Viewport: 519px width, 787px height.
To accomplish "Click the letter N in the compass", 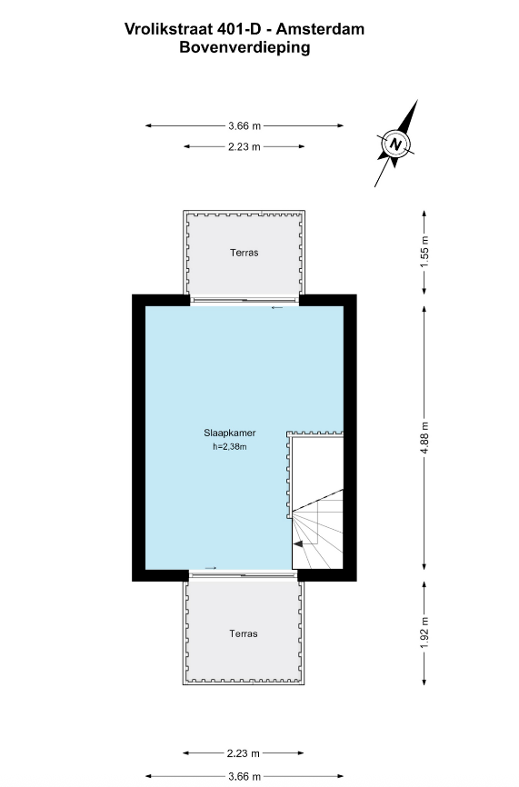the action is click(395, 144).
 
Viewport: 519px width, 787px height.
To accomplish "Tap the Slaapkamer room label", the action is click(230, 433).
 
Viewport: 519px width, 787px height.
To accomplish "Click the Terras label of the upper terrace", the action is click(245, 253).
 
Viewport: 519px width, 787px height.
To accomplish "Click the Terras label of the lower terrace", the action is click(244, 633).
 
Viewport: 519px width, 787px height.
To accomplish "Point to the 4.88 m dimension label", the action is click(424, 439).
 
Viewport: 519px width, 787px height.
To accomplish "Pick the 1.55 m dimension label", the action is click(424, 252).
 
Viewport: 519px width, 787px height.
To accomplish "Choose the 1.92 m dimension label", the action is click(424, 632).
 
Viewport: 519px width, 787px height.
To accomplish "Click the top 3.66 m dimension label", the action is click(245, 126).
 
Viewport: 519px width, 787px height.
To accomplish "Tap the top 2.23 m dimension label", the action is click(245, 146).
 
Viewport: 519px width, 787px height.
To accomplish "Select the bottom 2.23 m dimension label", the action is click(244, 752).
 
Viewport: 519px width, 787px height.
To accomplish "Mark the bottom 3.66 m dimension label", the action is click(245, 776).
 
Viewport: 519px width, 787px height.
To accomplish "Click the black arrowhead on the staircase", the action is click(297, 543).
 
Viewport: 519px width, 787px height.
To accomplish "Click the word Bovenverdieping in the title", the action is click(245, 47).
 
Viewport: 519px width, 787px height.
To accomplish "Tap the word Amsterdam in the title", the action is click(320, 29).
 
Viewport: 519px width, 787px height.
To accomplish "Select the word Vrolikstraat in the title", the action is click(169, 29).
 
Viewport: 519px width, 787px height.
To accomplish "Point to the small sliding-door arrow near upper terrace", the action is click(277, 308).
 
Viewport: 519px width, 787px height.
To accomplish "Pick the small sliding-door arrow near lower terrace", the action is click(211, 568).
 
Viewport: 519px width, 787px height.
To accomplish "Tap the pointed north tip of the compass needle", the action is click(417, 100).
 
